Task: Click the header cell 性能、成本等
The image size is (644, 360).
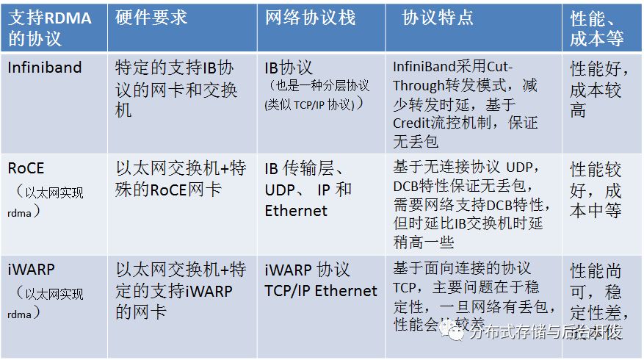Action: pos(597,28)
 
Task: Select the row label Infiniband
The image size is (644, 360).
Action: pos(45,68)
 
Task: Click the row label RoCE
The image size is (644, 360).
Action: pos(26,168)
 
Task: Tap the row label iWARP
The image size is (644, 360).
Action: pos(32,269)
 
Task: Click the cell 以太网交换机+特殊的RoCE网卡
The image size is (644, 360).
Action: pos(181,179)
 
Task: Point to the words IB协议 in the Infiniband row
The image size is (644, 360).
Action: pos(289,68)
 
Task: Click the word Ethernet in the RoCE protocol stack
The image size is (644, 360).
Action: pos(296,210)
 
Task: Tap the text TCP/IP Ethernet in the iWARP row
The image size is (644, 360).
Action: pos(321,290)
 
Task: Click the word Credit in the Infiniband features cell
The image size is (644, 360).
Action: pos(416,122)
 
